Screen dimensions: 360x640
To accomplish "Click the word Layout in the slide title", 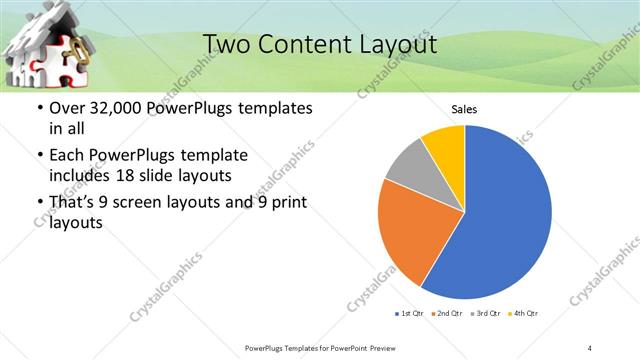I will (396, 45).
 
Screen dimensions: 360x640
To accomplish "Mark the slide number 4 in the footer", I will (590, 347).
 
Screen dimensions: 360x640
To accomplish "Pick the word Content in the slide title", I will (303, 45).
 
